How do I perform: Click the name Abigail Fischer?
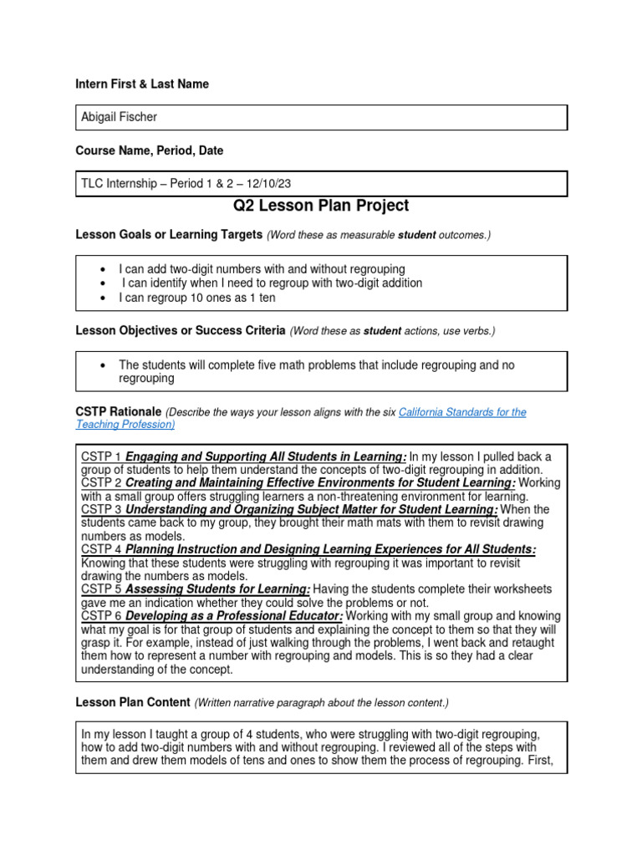click(x=119, y=117)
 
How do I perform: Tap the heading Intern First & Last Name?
click(x=142, y=84)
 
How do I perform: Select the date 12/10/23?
click(x=267, y=183)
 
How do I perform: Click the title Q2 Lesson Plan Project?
click(x=320, y=206)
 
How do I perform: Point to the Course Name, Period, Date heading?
click(x=149, y=150)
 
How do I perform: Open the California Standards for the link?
click(x=462, y=412)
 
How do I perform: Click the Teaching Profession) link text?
click(x=125, y=425)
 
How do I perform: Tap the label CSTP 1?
click(x=101, y=456)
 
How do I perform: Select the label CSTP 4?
click(x=101, y=549)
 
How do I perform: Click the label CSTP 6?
click(x=101, y=616)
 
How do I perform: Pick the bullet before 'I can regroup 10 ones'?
click(x=101, y=298)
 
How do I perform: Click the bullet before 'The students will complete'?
click(x=101, y=364)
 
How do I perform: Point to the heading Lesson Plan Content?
click(x=132, y=702)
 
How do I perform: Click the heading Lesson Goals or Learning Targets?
click(x=169, y=235)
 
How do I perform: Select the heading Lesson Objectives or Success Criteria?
click(x=181, y=330)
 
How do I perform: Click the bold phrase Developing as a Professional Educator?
click(x=234, y=616)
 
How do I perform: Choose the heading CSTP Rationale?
click(x=119, y=412)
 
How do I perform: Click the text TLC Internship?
click(x=120, y=183)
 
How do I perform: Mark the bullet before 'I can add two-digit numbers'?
click(x=101, y=269)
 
